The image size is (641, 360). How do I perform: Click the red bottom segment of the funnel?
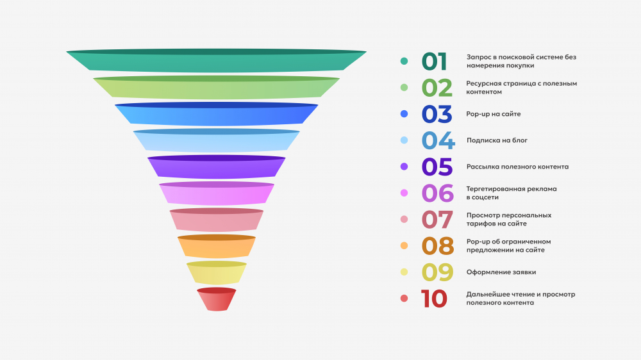pyautogui.click(x=217, y=300)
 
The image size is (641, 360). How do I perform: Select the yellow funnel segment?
pyautogui.click(x=217, y=273)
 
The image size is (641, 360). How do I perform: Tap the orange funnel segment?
pyautogui.click(x=217, y=247)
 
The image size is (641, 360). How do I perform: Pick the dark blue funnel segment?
pyautogui.click(x=217, y=114)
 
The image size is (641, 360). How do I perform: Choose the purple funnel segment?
pyautogui.click(x=217, y=167)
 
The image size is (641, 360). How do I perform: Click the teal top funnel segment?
pyautogui.click(x=217, y=61)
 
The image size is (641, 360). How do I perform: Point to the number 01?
pyautogui.click(x=434, y=61)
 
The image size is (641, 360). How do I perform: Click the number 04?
pyautogui.click(x=438, y=140)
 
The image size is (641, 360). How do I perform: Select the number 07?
pyautogui.click(x=437, y=220)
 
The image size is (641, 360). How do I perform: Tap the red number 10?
pyautogui.click(x=434, y=299)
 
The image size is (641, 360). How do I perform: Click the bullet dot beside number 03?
pyautogui.click(x=404, y=114)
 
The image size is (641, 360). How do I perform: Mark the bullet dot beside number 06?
pyautogui.click(x=404, y=193)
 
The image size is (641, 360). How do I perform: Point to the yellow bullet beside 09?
pyautogui.click(x=404, y=272)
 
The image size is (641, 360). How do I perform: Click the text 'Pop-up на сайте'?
pyautogui.click(x=494, y=114)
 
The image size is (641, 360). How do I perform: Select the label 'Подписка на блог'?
pyautogui.click(x=497, y=140)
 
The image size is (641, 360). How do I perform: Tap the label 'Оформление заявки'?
pyautogui.click(x=501, y=272)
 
